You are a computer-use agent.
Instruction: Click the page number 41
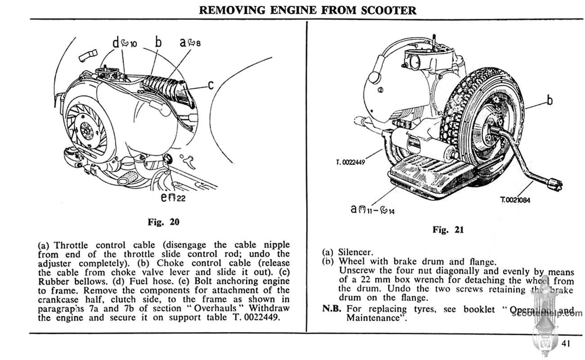point(566,344)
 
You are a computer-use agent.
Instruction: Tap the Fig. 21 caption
point(448,230)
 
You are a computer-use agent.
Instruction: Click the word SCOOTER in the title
point(389,10)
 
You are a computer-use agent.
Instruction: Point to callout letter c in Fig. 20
point(210,85)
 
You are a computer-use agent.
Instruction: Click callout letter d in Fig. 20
point(116,43)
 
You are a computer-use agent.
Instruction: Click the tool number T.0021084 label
point(515,200)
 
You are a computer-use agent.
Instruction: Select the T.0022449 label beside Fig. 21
point(350,163)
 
